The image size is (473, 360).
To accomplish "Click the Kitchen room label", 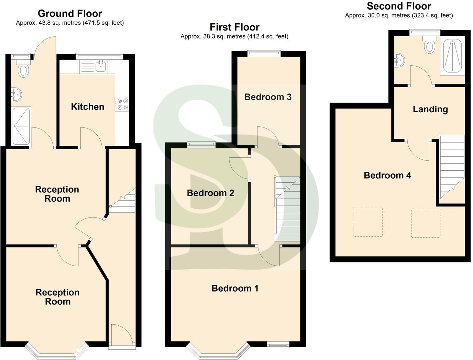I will point(87,107).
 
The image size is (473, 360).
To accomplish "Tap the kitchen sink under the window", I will point(100,67).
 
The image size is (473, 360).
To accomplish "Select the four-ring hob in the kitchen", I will point(122,104).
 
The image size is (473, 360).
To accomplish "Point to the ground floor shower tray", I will point(21,126).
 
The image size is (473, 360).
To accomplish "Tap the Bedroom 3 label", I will point(268,97).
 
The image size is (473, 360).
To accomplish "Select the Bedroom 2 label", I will point(210,193).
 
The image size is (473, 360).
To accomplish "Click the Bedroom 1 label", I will point(235,288).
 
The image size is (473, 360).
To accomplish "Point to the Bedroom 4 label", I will point(387,176).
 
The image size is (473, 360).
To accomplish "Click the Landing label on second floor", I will point(430,109).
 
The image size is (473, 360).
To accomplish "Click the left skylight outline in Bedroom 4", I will point(368,222).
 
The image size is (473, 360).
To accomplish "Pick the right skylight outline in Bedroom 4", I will point(426,223).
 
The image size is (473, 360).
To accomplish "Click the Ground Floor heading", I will point(70,13).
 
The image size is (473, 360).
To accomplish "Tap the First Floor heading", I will point(234,27).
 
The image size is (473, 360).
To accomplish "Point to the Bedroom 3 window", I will point(264,53).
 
